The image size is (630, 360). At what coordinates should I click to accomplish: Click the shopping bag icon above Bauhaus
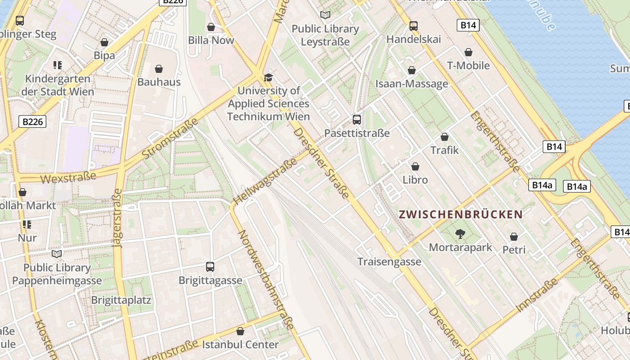coord(158,69)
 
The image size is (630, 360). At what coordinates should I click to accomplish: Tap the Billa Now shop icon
coord(211,27)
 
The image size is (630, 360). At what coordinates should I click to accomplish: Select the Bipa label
coord(104,56)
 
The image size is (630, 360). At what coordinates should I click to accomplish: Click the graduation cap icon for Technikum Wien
coord(269,77)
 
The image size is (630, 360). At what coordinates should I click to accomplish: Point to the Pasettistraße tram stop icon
coord(357,120)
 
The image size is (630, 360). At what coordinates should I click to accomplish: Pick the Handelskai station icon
coord(414,26)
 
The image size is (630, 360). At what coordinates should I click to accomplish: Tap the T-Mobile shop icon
coord(468,52)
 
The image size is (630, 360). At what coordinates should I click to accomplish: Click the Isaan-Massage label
coord(412,84)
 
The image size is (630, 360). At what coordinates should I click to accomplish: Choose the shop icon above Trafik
coord(445,137)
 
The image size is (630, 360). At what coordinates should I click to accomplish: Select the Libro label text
coord(415,180)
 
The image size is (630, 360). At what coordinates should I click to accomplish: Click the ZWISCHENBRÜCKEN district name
coord(460,214)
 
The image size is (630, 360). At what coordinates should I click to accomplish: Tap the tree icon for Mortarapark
coord(460,234)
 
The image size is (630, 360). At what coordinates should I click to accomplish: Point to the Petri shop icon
coord(514,237)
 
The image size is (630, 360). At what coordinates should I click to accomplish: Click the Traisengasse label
coord(389,261)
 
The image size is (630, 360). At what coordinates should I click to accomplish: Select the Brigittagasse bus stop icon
coord(210,267)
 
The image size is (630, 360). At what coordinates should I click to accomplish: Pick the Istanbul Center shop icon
coord(240,332)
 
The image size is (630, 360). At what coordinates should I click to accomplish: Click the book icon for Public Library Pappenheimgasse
coord(57,254)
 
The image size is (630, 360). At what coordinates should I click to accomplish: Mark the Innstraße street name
coord(537,295)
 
